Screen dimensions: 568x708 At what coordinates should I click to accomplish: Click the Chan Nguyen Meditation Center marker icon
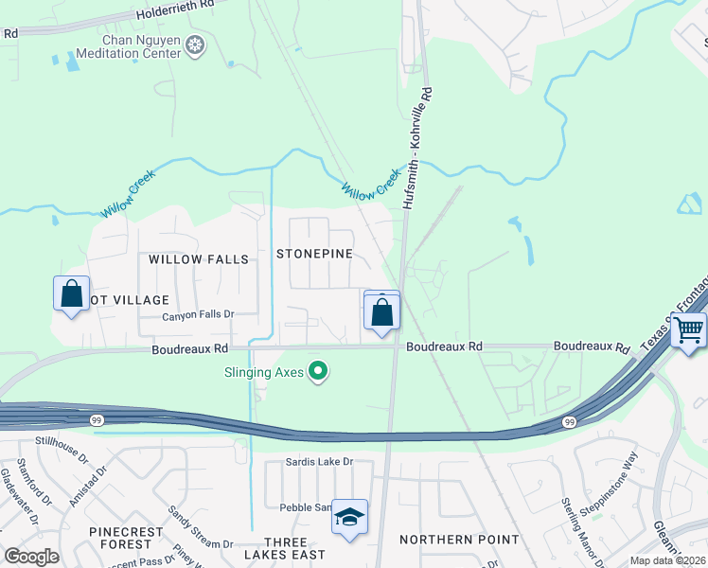click(196, 45)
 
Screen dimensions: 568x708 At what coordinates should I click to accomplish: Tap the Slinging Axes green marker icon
click(319, 372)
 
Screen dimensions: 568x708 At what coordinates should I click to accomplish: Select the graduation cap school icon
click(349, 518)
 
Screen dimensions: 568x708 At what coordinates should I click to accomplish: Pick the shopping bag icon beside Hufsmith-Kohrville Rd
click(381, 311)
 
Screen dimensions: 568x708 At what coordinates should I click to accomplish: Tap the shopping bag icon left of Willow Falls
click(71, 294)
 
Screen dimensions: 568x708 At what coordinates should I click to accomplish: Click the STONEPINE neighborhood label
click(314, 254)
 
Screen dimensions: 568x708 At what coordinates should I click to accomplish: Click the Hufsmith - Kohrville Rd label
click(416, 149)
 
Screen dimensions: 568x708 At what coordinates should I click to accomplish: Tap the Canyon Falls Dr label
click(197, 316)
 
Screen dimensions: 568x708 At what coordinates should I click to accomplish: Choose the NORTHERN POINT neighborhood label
click(459, 540)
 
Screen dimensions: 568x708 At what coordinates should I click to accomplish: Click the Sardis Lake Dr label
click(319, 462)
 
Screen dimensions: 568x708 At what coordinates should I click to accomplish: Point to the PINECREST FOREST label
click(120, 538)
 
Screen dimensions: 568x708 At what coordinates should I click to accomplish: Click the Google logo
click(31, 557)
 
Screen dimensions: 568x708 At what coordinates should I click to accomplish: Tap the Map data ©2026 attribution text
click(667, 560)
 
